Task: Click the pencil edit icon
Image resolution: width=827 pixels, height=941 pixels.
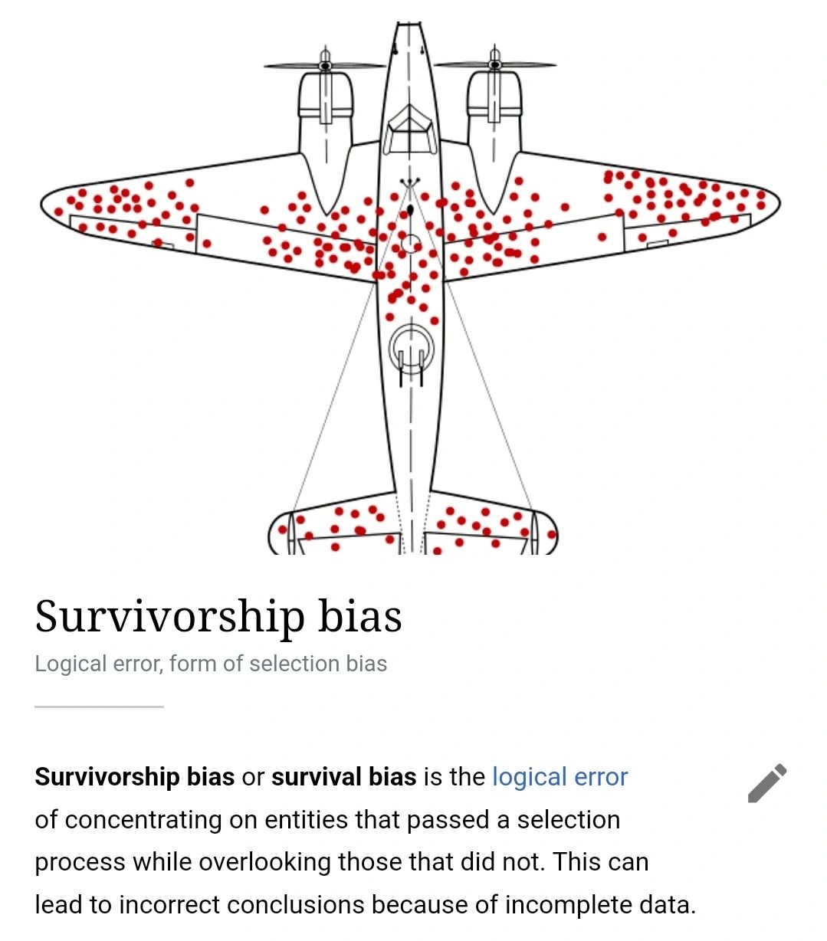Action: pyautogui.click(x=767, y=782)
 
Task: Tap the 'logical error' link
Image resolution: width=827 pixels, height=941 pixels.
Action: pyautogui.click(x=560, y=777)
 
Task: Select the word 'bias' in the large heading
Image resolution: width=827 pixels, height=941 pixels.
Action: pyautogui.click(x=359, y=617)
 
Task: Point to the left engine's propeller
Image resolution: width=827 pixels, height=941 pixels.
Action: pyautogui.click(x=325, y=65)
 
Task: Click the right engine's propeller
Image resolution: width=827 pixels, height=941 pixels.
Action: pyautogui.click(x=495, y=65)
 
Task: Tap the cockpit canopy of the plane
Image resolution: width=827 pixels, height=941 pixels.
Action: pyautogui.click(x=409, y=126)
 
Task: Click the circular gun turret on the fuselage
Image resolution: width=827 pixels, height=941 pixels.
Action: pyautogui.click(x=412, y=349)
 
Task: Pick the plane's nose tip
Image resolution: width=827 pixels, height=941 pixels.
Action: pyautogui.click(x=409, y=28)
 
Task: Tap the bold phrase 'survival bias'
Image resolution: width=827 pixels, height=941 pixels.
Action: pyautogui.click(x=343, y=777)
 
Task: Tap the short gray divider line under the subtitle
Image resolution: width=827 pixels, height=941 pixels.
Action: pyautogui.click(x=99, y=707)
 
